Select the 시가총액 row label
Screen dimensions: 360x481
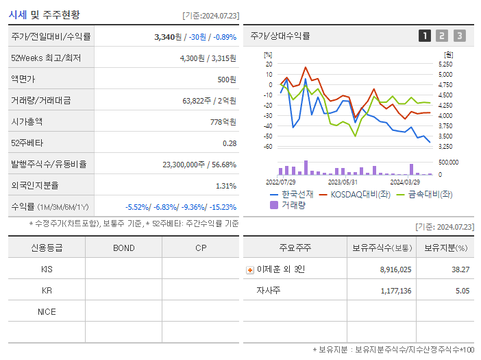pos(27,121)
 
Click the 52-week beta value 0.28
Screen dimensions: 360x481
pos(229,143)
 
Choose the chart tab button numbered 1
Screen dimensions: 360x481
pos(425,36)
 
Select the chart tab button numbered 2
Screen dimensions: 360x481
pos(442,36)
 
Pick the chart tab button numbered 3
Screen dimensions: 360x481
pos(459,36)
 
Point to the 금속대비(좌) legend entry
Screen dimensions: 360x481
pos(430,194)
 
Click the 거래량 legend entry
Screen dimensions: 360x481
pos(293,204)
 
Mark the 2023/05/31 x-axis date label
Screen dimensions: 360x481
pos(343,182)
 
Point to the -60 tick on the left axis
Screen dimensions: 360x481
pos(268,147)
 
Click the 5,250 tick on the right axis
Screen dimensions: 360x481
pos(445,64)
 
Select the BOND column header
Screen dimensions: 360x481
pos(123,248)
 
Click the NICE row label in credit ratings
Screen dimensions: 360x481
pos(47,311)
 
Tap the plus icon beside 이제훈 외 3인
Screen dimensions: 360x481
pos(249,269)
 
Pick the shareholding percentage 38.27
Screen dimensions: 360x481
pos(460,269)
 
